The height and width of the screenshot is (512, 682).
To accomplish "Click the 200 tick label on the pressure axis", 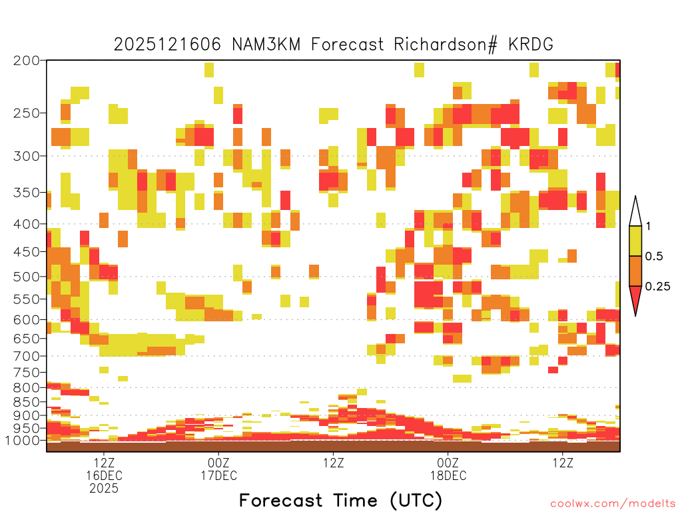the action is click(x=27, y=61).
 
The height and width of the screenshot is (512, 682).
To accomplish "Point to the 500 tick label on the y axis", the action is click(x=27, y=277).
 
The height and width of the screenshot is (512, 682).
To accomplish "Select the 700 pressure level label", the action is click(x=27, y=356).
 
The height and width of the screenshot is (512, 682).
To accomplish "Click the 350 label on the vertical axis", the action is click(x=27, y=193).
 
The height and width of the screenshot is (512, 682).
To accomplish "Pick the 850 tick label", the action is click(x=27, y=402).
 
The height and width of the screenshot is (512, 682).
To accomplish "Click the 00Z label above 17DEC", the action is click(x=218, y=463).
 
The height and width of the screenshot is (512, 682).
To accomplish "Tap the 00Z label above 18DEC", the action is click(x=448, y=463).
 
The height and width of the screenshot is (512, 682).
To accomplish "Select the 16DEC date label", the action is click(x=104, y=475).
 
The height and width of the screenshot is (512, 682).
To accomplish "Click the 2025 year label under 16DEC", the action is click(x=104, y=489).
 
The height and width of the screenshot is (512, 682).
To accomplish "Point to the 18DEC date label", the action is click(x=448, y=475).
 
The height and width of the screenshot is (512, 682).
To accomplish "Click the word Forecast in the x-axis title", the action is click(x=281, y=501).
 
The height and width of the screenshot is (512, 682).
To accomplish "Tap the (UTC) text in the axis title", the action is click(x=416, y=501).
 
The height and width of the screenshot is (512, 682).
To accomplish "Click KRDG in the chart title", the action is click(x=531, y=45).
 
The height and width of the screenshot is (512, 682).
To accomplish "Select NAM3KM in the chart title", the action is click(x=266, y=45).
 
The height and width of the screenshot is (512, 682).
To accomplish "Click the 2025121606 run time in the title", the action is click(x=167, y=45).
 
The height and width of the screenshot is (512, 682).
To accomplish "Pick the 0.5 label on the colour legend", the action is click(x=654, y=256).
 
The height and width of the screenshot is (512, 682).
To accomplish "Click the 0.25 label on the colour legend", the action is click(x=657, y=286).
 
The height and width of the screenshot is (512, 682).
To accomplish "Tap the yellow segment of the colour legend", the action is click(x=635, y=241).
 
